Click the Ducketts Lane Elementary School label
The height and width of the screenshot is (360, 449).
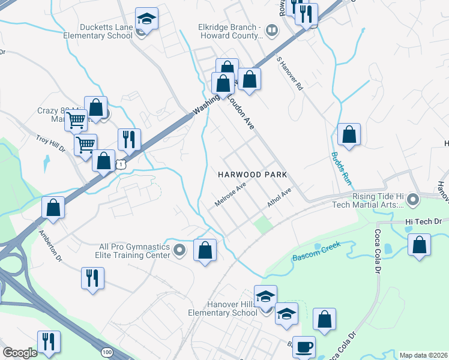(98, 31)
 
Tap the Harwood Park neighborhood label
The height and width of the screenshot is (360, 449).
(252, 175)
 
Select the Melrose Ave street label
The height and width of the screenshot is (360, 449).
(231, 195)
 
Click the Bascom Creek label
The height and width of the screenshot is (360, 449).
(316, 251)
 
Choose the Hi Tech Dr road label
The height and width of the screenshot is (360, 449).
(427, 221)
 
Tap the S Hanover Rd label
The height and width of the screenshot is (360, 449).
(290, 74)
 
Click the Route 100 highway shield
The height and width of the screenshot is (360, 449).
(107, 351)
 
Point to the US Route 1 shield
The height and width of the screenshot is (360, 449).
(121, 163)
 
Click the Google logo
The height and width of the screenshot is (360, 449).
(20, 353)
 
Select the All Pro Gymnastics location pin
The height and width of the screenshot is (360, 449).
(179, 250)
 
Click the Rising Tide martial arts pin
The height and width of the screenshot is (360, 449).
(412, 199)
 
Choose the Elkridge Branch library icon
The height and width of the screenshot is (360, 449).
(272, 29)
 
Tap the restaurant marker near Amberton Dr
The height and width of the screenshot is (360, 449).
(92, 278)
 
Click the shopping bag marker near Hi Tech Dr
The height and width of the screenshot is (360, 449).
(418, 245)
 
